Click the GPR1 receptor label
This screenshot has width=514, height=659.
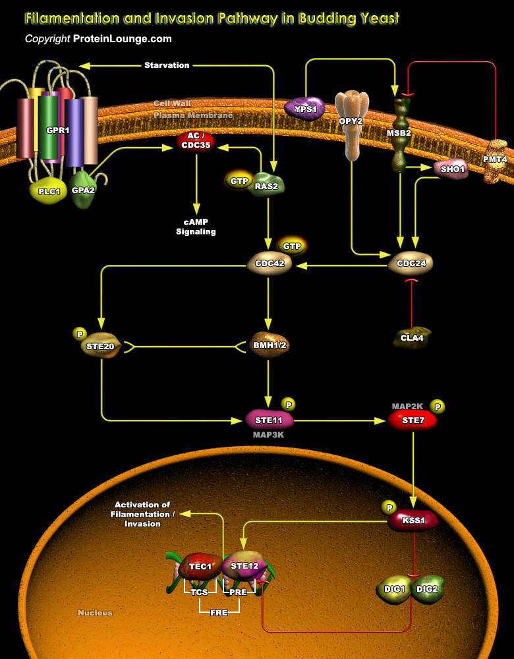pos(54,130)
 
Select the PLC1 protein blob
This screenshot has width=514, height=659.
pos(45,191)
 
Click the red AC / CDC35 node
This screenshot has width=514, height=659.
pos(194,141)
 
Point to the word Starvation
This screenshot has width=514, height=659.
pos(167,65)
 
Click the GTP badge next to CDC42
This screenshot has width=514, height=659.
pos(292,246)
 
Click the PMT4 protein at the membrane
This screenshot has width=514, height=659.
pos(495,161)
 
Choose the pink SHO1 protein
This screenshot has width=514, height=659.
pos(452,169)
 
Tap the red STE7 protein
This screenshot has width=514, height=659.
pos(412,420)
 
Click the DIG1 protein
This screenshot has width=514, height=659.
pos(394,587)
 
